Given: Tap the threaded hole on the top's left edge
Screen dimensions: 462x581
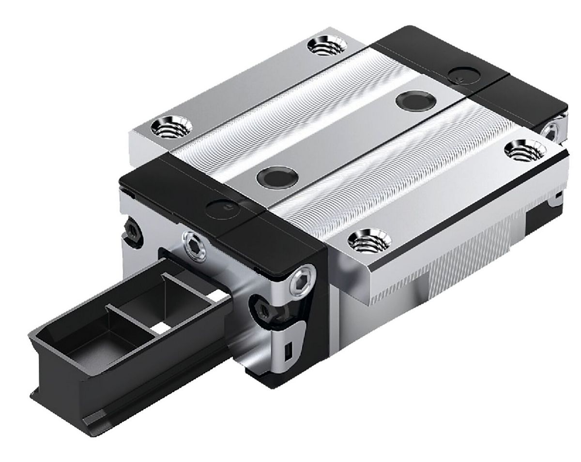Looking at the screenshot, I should pyautogui.click(x=171, y=127).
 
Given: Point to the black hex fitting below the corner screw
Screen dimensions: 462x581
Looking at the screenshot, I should pyautogui.click(x=264, y=310).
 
